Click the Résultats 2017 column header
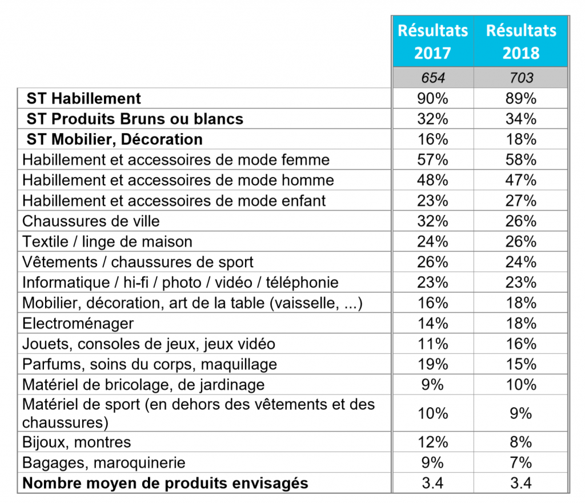click(x=433, y=41)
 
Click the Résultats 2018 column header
click(x=521, y=41)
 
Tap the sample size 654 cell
click(x=433, y=78)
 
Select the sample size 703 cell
click(x=521, y=78)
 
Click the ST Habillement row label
click(x=83, y=98)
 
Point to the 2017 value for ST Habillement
click(x=433, y=98)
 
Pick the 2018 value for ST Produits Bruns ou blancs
click(x=521, y=119)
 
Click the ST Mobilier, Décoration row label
click(x=114, y=139)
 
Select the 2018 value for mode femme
click(x=521, y=160)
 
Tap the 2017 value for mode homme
click(x=433, y=180)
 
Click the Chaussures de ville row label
click(x=91, y=221)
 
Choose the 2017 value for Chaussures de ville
click(x=433, y=221)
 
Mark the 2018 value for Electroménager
click(x=521, y=323)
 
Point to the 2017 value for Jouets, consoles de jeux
click(x=433, y=344)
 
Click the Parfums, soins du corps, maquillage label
click(x=150, y=365)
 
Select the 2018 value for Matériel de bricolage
click(x=521, y=385)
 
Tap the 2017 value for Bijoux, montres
click(x=433, y=442)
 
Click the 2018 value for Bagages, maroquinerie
click(x=521, y=462)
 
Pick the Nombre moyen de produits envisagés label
click(x=165, y=484)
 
